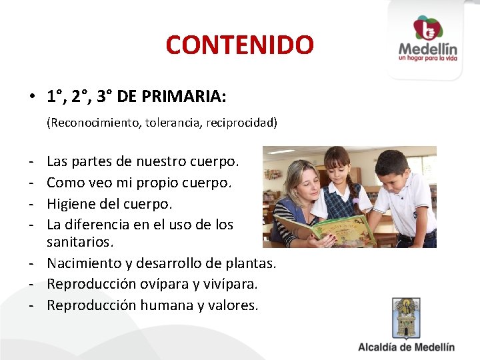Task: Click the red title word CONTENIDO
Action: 239,45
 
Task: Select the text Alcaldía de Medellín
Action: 406,347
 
